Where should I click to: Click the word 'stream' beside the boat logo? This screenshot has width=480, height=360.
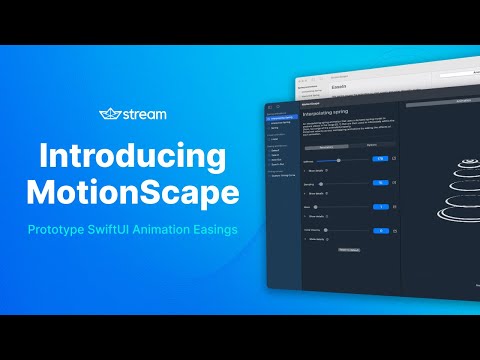pos(145,115)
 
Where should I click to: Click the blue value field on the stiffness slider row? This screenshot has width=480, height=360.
pos(380,158)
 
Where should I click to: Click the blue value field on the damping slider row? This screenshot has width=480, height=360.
pos(380,183)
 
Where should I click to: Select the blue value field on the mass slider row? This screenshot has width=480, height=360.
pos(380,206)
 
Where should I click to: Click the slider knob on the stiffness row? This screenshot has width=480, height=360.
pos(340,159)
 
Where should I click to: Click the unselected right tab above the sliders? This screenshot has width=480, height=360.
pos(372,145)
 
